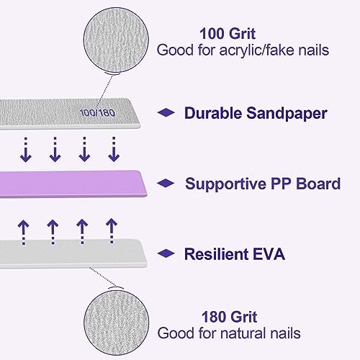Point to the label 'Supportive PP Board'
click(263, 184)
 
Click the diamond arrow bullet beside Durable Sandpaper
click(166, 113)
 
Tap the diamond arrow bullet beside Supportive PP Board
click(166, 184)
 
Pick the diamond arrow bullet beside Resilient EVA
click(166, 253)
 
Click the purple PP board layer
click(72, 184)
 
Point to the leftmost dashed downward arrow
click(26, 149)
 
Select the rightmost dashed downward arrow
click(113, 149)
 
